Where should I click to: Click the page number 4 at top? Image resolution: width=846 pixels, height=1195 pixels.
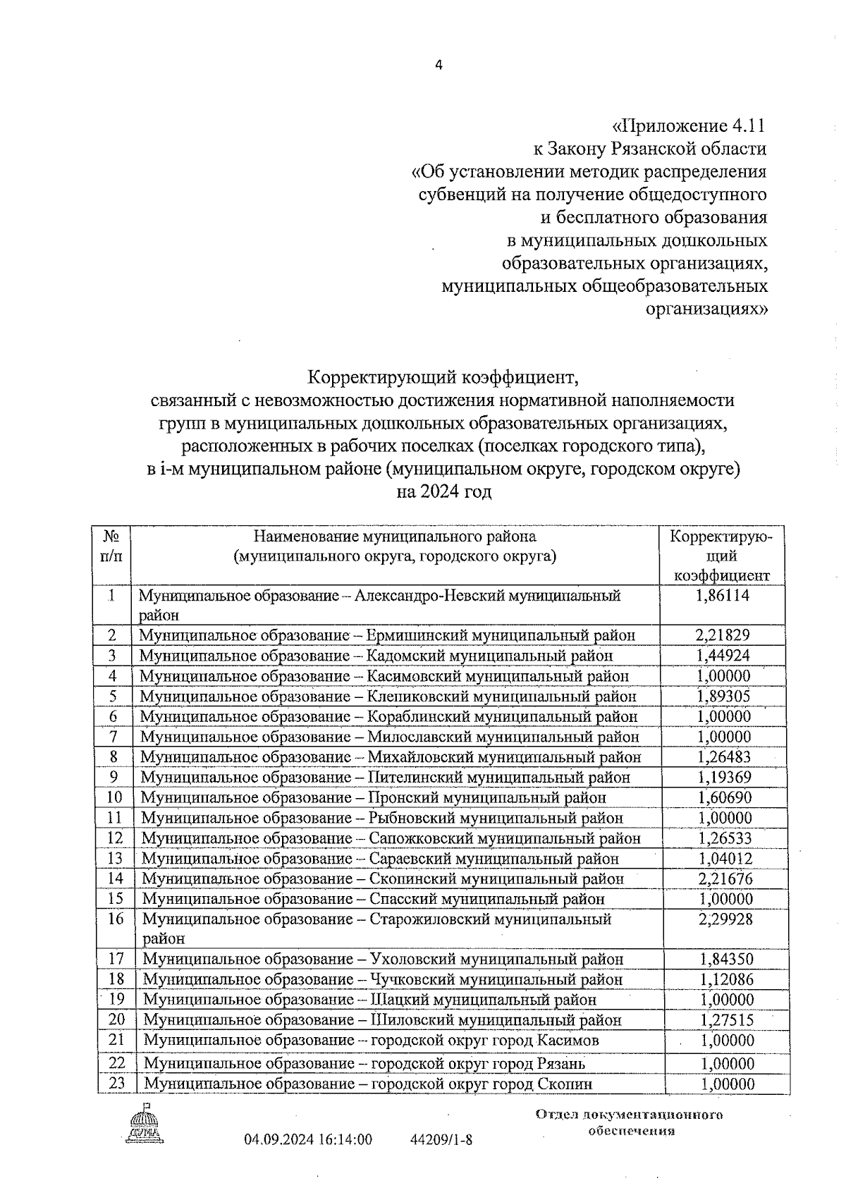pos(439,65)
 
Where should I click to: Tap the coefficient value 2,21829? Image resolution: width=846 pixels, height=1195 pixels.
pos(722,635)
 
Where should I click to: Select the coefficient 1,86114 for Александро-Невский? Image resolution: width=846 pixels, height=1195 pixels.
pos(722,595)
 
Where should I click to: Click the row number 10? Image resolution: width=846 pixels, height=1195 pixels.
pos(114,797)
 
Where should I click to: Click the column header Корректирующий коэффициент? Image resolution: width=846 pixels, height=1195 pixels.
pos(721,556)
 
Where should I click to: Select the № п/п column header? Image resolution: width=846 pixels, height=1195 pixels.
pos(111,546)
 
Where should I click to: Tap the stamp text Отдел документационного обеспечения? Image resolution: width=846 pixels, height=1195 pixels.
pos(630,1122)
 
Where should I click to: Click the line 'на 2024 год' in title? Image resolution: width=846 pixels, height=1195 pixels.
pos(443,491)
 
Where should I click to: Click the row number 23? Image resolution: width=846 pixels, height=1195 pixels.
pos(116,1083)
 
